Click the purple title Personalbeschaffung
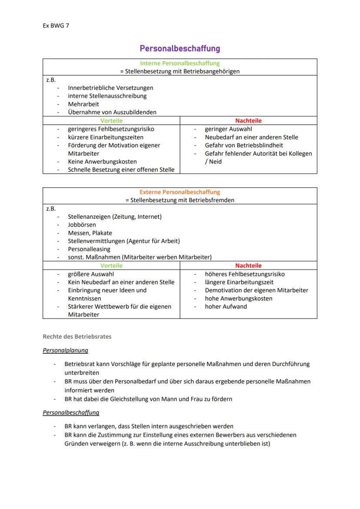click(180, 48)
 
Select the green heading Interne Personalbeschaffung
click(180, 63)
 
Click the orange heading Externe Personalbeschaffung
click(180, 192)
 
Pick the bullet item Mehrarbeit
click(83, 104)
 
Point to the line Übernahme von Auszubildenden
click(112, 112)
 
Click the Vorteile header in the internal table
click(111, 120)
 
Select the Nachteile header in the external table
click(248, 265)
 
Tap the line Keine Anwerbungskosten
click(102, 162)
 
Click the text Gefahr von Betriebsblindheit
click(244, 145)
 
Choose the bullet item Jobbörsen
click(82, 225)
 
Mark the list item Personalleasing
click(89, 249)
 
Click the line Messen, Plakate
click(90, 233)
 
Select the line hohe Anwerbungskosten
click(239, 298)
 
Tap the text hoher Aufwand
click(226, 306)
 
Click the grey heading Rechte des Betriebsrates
click(77, 336)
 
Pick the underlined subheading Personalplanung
click(65, 350)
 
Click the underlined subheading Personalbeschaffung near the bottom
click(71, 413)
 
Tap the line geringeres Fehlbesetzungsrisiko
click(111, 129)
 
